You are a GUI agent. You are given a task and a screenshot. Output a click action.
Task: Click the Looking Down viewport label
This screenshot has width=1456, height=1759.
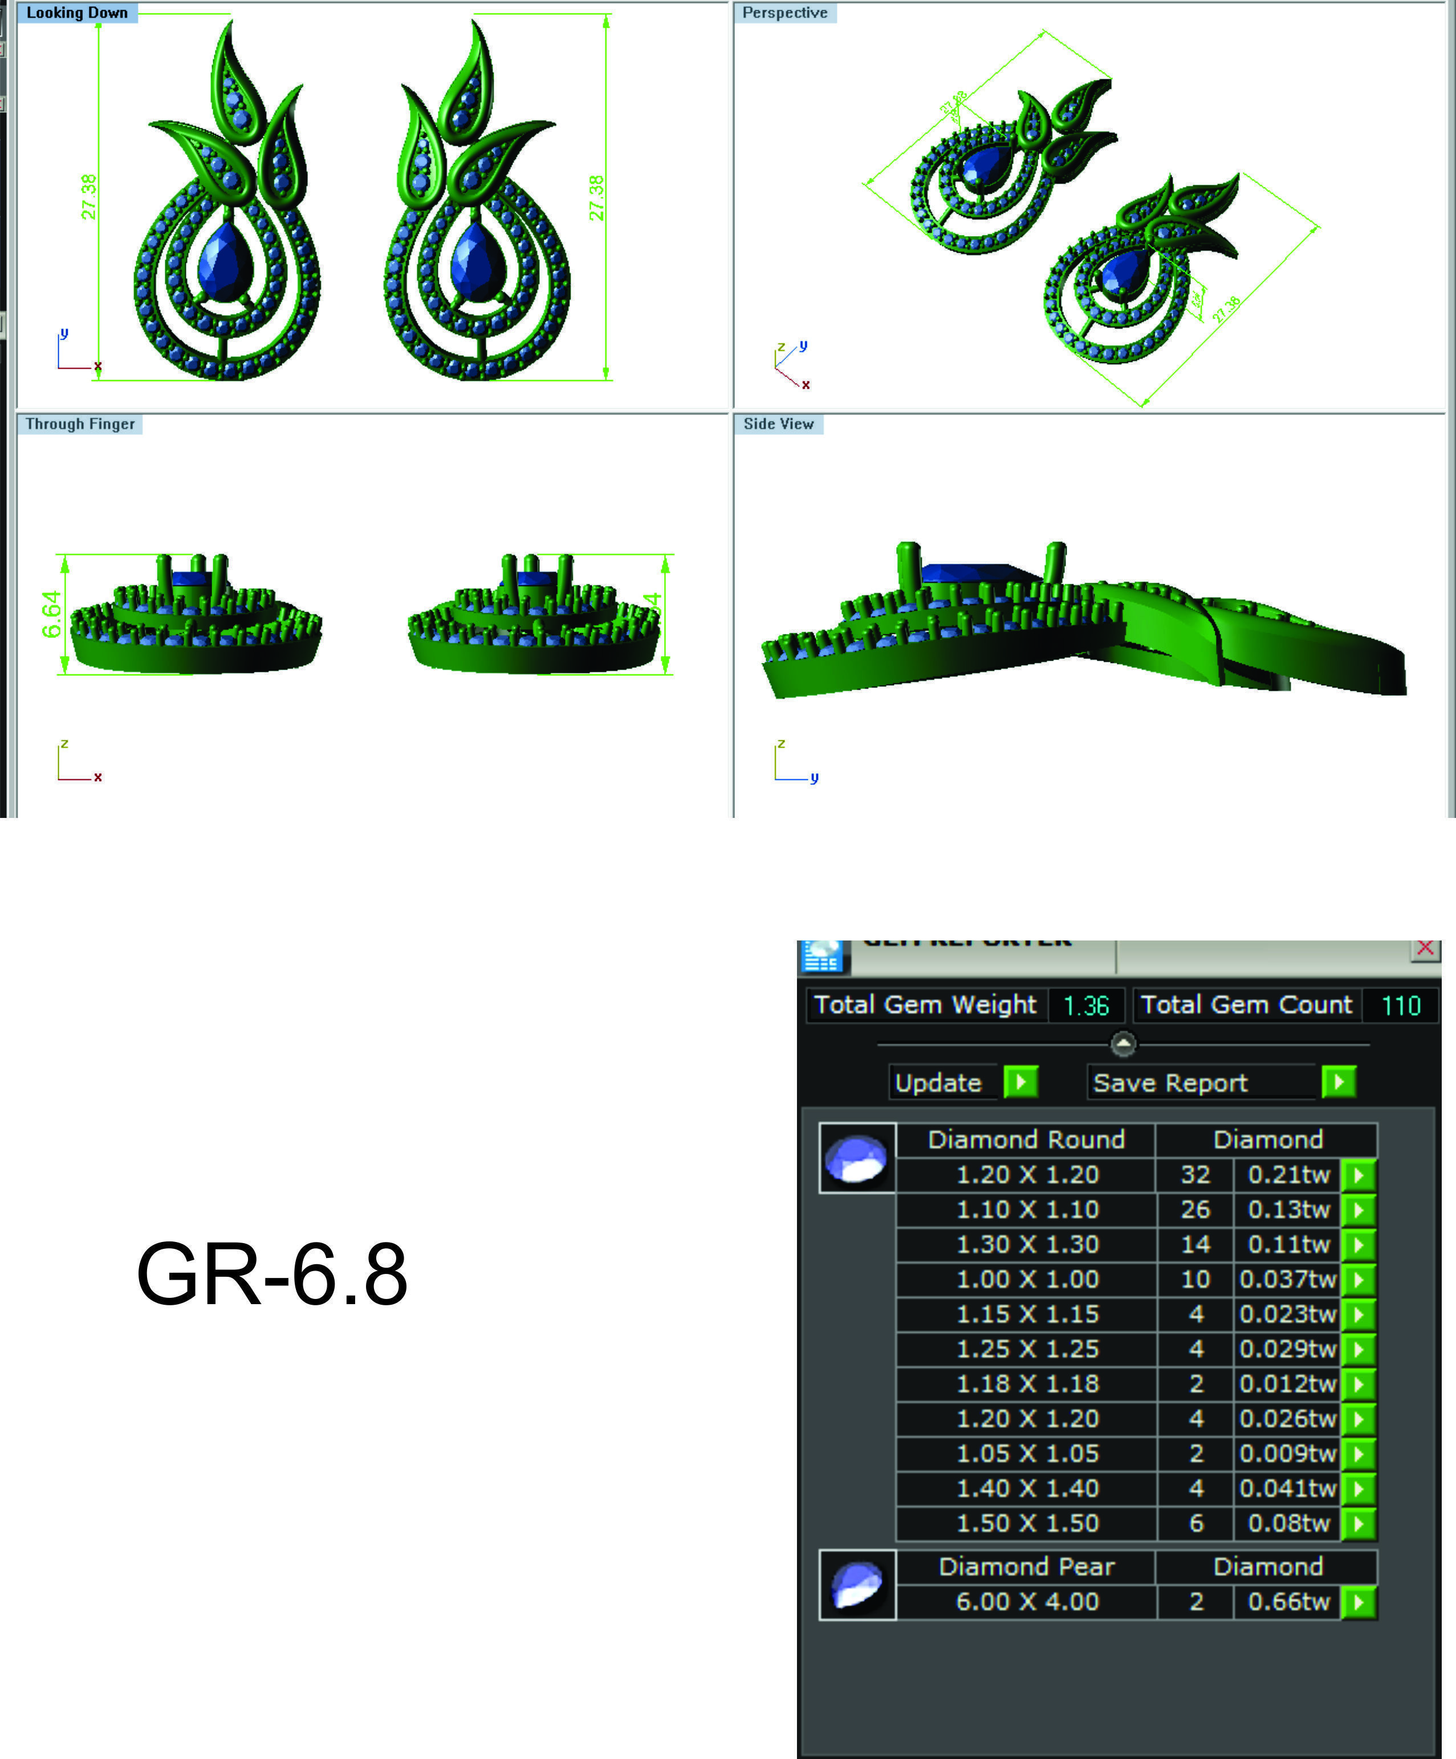pyautogui.click(x=76, y=13)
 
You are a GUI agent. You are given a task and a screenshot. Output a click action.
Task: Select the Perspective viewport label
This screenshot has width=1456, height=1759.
pyautogui.click(x=784, y=13)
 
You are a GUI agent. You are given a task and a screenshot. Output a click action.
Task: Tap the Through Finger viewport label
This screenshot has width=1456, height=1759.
pyautogui.click(x=80, y=424)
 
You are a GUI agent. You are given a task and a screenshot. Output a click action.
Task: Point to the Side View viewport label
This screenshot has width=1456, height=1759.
pyautogui.click(x=778, y=424)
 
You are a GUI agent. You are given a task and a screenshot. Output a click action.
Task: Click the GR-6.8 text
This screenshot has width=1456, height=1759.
pyautogui.click(x=271, y=1274)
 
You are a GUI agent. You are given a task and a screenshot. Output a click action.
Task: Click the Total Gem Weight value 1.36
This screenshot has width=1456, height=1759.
pyautogui.click(x=1085, y=1005)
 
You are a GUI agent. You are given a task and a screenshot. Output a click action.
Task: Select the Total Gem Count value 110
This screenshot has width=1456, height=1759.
pyautogui.click(x=1401, y=1005)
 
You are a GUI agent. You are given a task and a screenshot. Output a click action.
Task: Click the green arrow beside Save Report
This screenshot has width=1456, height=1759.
pyautogui.click(x=1339, y=1082)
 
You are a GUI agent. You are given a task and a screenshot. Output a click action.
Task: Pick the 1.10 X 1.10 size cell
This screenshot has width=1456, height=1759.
pyautogui.click(x=1027, y=1210)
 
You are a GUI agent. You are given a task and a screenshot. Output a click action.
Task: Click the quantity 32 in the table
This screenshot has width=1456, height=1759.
pyautogui.click(x=1195, y=1174)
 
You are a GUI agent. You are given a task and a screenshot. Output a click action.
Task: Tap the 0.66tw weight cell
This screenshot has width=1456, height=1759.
pyautogui.click(x=1288, y=1602)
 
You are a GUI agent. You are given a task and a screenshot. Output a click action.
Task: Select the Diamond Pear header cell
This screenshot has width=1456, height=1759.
pyautogui.click(x=1027, y=1566)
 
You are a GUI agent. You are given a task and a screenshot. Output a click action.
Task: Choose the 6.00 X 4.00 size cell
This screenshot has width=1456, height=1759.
pyautogui.click(x=1027, y=1602)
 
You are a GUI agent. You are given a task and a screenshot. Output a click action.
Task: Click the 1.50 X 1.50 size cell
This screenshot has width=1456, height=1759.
pyautogui.click(x=1027, y=1523)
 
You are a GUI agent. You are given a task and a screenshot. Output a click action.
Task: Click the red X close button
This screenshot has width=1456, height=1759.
pyautogui.click(x=1425, y=948)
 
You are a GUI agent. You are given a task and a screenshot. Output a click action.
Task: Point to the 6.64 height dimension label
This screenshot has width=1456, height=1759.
pyautogui.click(x=51, y=614)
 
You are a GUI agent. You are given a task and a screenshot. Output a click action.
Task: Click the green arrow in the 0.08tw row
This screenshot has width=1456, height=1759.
pyautogui.click(x=1359, y=1523)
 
